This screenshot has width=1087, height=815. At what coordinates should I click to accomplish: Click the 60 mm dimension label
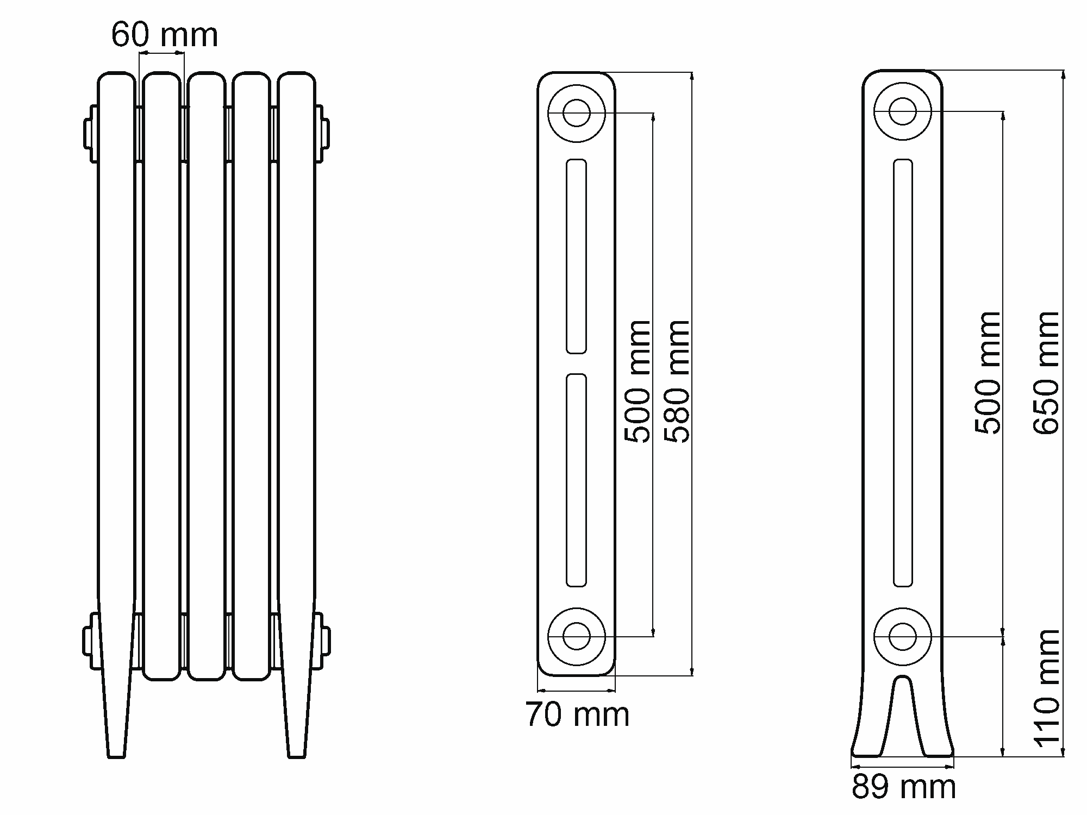pyautogui.click(x=165, y=35)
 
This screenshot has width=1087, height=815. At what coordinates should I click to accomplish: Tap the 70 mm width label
pyautogui.click(x=577, y=714)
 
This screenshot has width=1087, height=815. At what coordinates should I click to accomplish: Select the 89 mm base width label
pyautogui.click(x=903, y=787)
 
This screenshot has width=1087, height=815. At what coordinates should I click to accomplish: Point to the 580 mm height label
pyautogui.click(x=677, y=381)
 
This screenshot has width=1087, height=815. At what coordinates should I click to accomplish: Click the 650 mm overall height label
pyautogui.click(x=1046, y=373)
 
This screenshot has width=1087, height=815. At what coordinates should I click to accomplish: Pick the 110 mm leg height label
pyautogui.click(x=1046, y=688)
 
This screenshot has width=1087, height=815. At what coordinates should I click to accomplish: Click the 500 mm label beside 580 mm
pyautogui.click(x=638, y=381)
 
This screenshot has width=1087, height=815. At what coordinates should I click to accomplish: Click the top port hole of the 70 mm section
pyautogui.click(x=577, y=113)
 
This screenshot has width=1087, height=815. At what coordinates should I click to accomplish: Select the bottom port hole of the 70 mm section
pyautogui.click(x=577, y=636)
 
